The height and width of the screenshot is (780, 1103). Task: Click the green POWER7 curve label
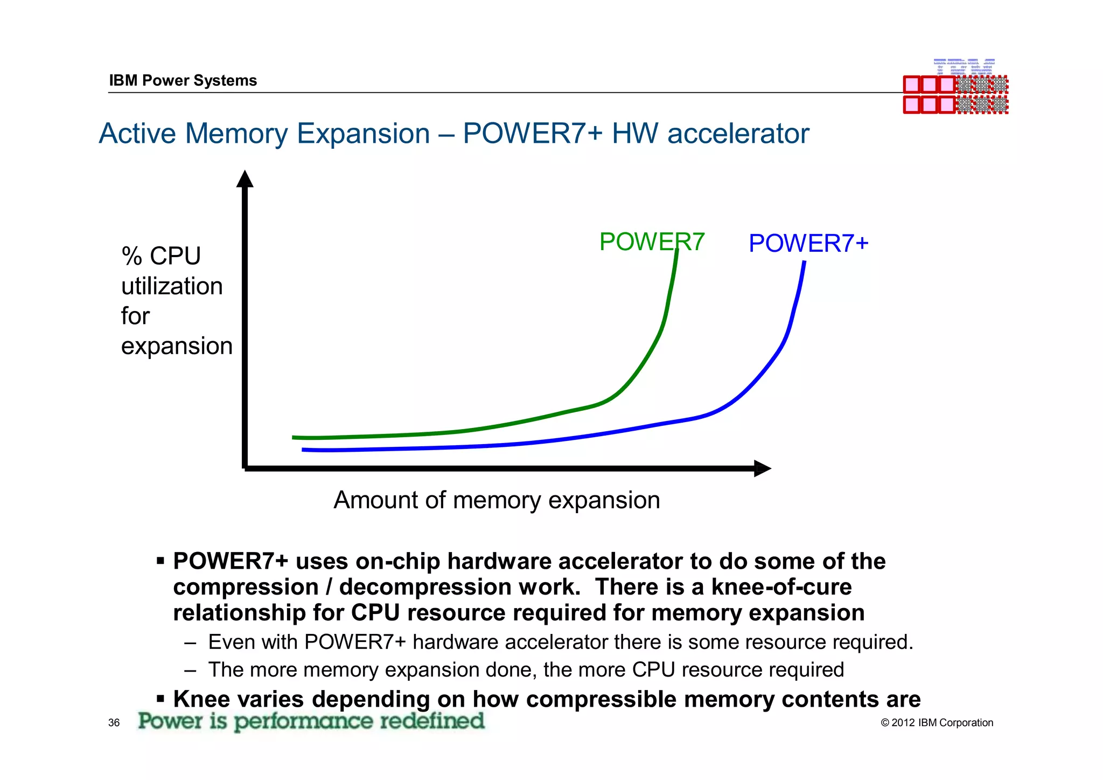click(651, 241)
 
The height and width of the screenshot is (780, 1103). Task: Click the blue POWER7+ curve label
click(808, 243)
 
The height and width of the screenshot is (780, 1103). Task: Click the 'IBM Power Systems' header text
click(183, 80)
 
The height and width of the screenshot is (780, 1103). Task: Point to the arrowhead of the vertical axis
click(245, 179)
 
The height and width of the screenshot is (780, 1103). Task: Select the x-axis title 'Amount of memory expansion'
click(496, 500)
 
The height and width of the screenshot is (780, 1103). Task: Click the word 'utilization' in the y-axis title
click(172, 286)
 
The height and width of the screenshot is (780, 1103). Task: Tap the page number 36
click(114, 723)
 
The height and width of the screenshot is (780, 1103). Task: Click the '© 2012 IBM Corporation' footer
click(937, 723)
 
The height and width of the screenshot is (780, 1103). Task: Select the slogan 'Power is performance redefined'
click(311, 721)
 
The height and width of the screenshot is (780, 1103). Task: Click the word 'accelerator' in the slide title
click(738, 134)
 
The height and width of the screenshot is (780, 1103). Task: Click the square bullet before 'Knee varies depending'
click(160, 699)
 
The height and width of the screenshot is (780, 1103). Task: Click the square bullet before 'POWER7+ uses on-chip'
click(160, 562)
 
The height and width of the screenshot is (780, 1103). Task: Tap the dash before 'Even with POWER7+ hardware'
click(190, 643)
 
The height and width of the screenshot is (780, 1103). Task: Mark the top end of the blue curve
click(804, 263)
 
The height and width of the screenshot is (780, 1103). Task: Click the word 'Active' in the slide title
click(137, 134)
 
